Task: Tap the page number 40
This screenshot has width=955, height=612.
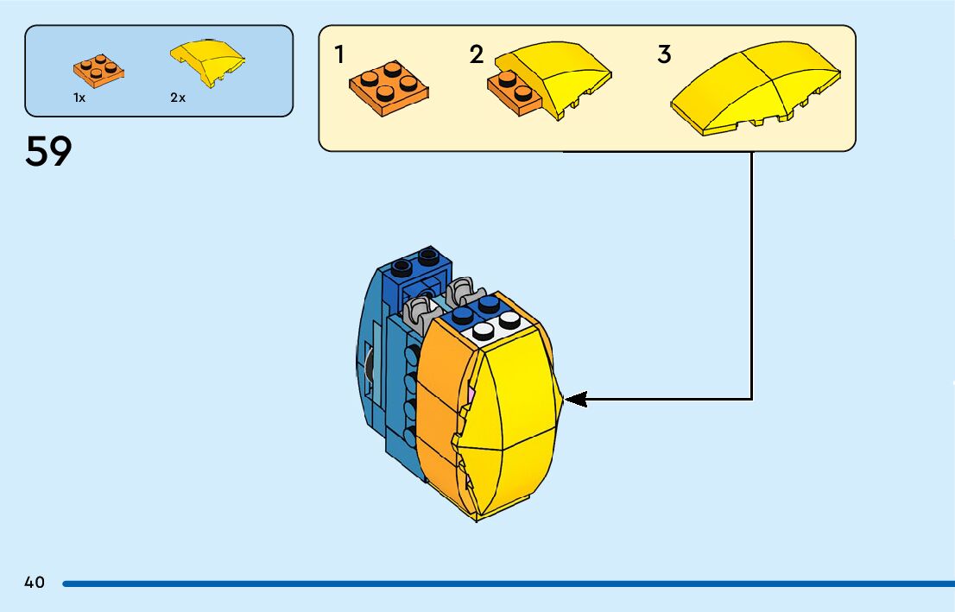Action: pos(35,583)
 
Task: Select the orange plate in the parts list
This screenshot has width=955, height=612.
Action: pos(98,69)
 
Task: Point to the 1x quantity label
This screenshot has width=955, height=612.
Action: pos(79,98)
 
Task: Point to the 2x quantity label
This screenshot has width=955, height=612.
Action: pos(178,98)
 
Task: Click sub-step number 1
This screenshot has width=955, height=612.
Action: pos(339,55)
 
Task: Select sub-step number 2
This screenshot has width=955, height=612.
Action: pos(477,55)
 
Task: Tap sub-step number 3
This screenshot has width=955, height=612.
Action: pos(663,55)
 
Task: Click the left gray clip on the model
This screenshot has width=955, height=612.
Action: pos(421,307)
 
